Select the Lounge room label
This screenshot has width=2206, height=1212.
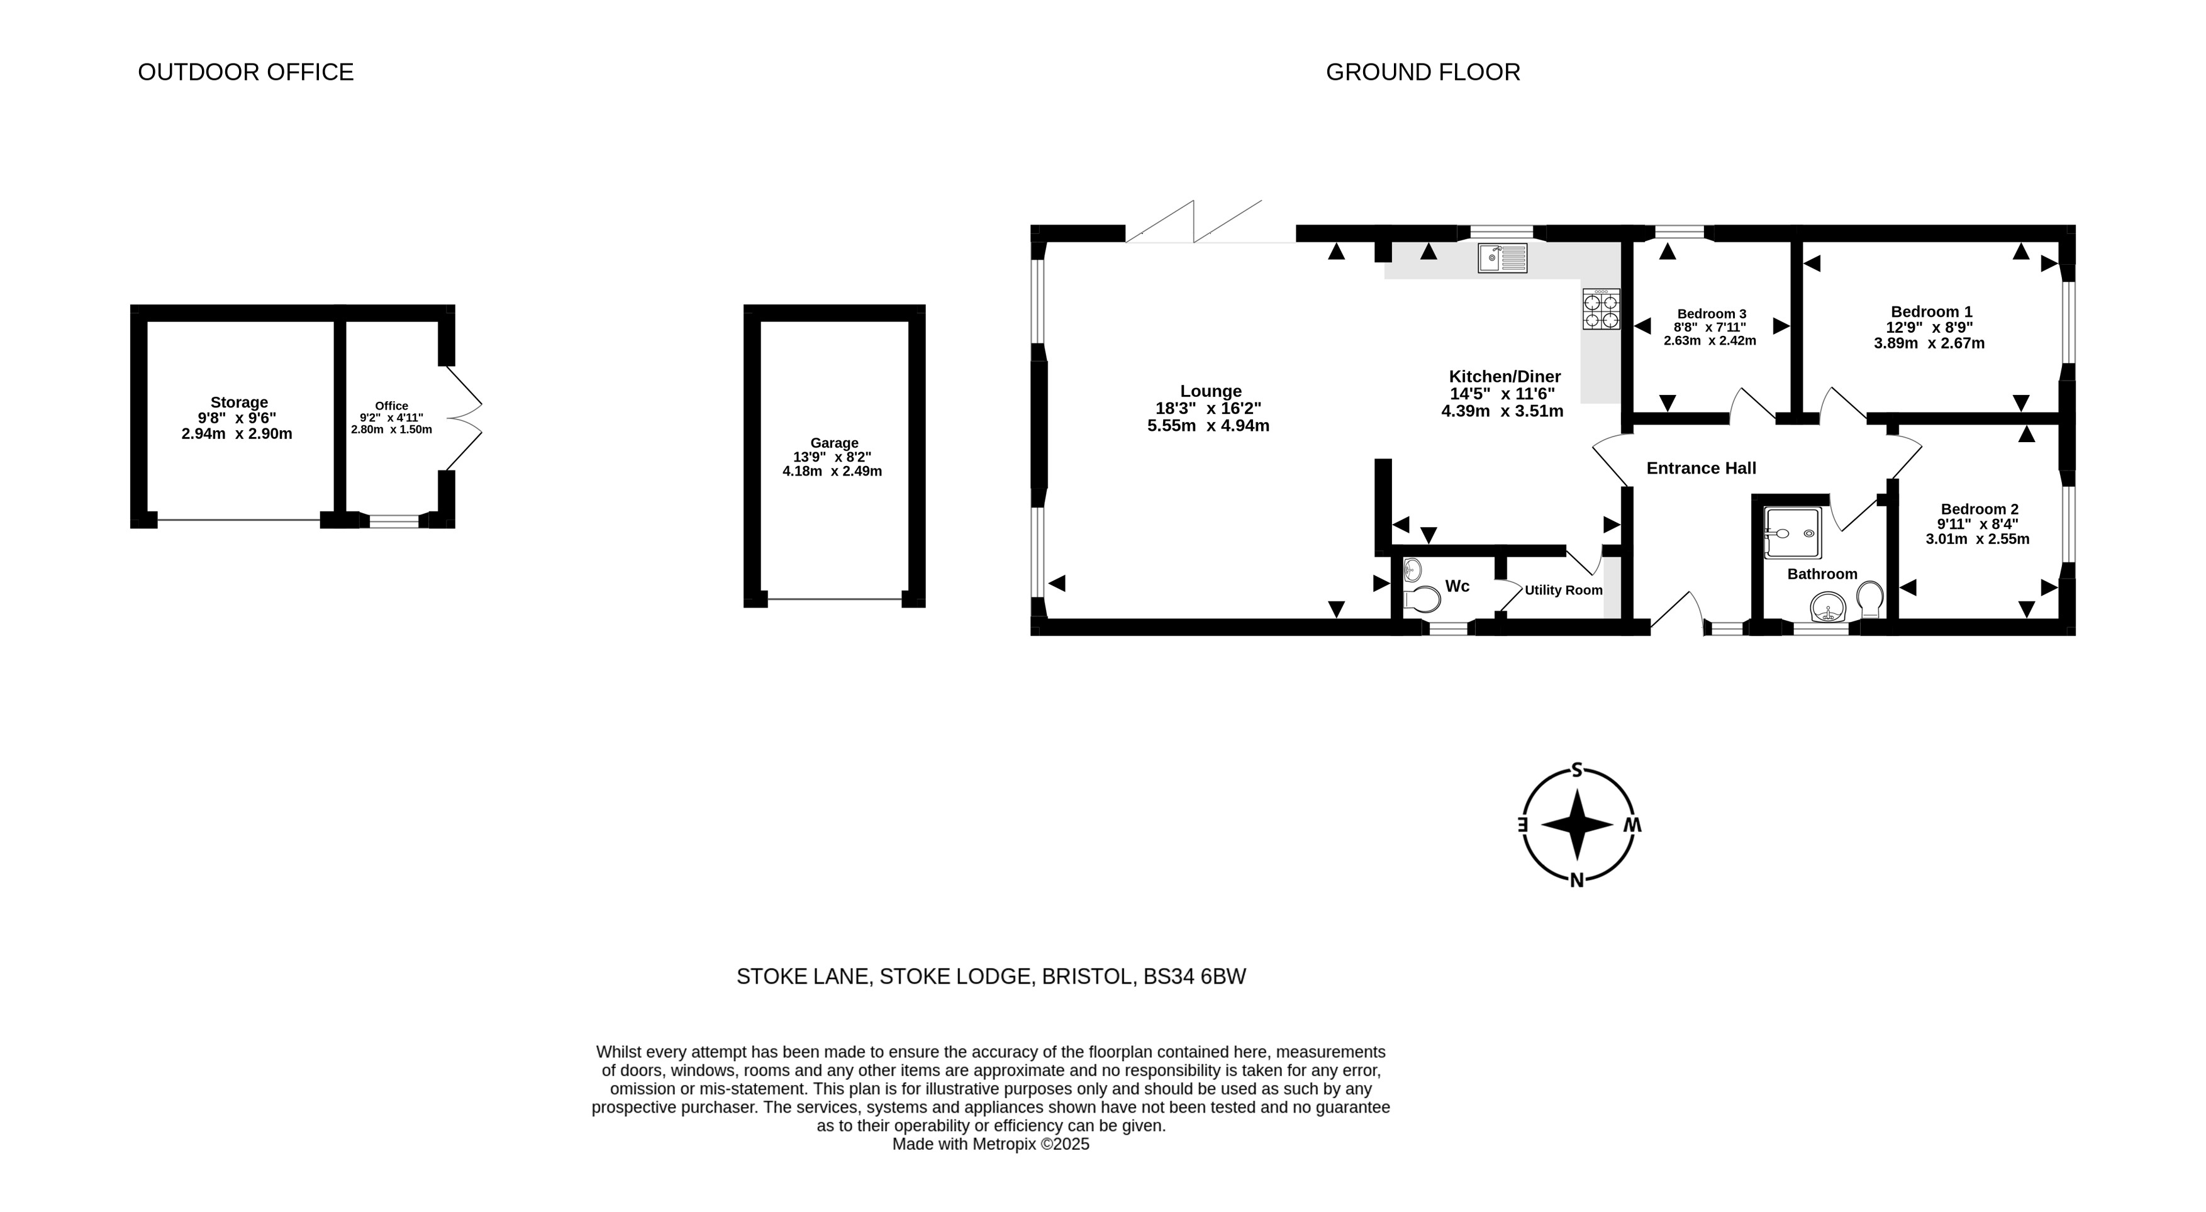click(x=1211, y=391)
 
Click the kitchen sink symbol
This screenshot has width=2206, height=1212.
click(x=1502, y=258)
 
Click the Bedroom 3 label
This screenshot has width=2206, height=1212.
click(x=1712, y=313)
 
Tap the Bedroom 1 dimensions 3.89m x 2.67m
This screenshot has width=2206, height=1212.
click(x=1929, y=343)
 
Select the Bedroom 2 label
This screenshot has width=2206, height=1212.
click(x=1980, y=509)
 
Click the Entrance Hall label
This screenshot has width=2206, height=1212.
click(x=1702, y=469)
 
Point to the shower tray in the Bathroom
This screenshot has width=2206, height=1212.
click(x=1792, y=533)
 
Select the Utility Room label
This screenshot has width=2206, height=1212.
click(x=1564, y=590)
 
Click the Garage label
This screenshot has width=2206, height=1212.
click(x=835, y=443)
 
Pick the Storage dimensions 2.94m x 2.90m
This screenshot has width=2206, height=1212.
click(x=237, y=434)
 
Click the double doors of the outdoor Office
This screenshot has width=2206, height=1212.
click(x=464, y=419)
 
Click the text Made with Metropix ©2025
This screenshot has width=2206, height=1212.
click(x=991, y=1144)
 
